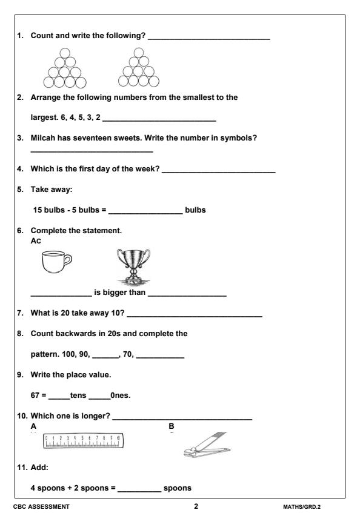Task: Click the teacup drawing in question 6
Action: (55, 263)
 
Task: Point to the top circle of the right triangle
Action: (138, 52)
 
